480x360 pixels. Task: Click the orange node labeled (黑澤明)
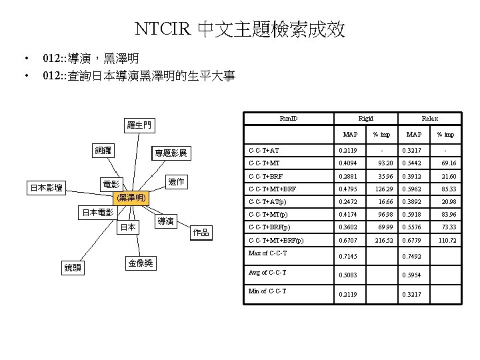click(131, 198)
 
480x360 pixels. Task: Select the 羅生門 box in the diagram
click(139, 125)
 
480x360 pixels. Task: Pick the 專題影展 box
click(171, 154)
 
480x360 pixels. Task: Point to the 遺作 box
click(176, 182)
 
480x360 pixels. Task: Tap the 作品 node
click(201, 232)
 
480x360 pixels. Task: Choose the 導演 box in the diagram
click(167, 221)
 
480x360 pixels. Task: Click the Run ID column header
click(289, 119)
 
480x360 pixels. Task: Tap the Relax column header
click(429, 119)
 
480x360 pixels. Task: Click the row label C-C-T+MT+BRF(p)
click(275, 240)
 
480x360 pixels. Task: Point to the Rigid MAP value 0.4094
click(349, 163)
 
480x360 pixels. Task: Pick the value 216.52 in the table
click(385, 240)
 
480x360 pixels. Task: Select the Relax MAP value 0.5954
click(411, 275)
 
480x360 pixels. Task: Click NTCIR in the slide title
click(160, 29)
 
